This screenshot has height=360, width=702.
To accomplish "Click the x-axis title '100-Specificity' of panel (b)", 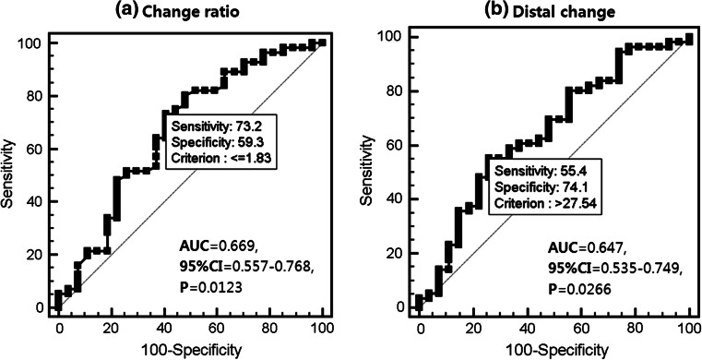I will click(x=553, y=350).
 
